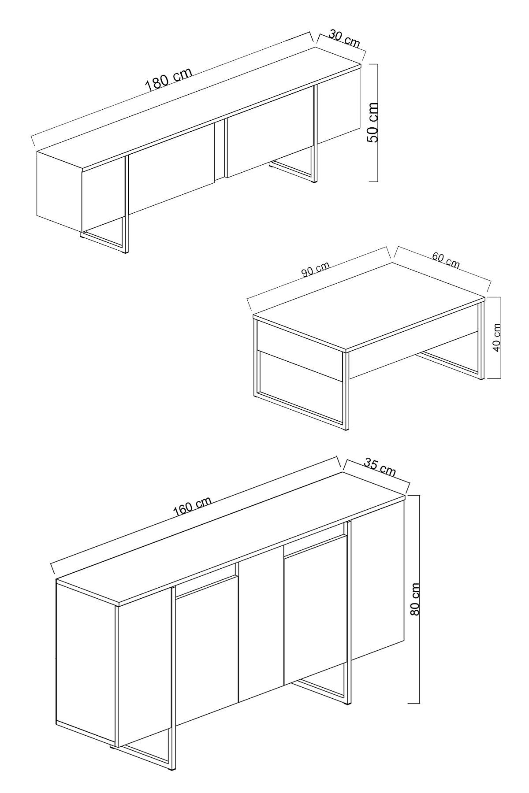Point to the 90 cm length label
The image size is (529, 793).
point(315,270)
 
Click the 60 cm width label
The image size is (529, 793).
point(446,261)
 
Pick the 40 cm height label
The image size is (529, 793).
point(496,337)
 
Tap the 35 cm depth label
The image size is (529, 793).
point(380,467)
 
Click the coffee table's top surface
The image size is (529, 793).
point(370,304)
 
